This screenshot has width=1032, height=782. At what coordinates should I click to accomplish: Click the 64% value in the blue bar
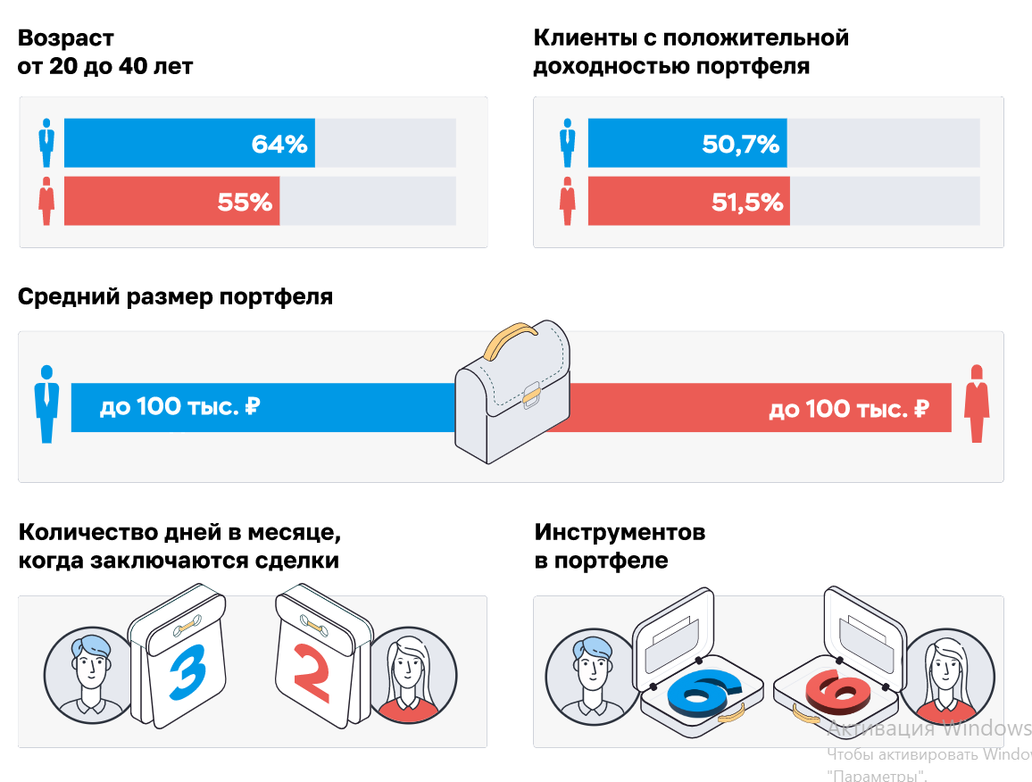tap(279, 144)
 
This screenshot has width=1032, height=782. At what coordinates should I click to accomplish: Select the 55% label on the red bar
tap(245, 203)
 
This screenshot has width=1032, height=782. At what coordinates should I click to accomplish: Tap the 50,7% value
tap(740, 144)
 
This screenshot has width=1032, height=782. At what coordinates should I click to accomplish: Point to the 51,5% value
tap(747, 203)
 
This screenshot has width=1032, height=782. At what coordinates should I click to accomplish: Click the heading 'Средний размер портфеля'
tap(175, 296)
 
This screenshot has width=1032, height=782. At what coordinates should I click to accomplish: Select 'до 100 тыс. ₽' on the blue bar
tap(179, 408)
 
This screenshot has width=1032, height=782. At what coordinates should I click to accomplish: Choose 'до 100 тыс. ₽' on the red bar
tap(848, 410)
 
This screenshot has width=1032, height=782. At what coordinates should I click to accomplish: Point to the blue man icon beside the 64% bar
tap(46, 143)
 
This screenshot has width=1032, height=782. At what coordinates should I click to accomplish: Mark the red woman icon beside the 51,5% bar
tap(567, 202)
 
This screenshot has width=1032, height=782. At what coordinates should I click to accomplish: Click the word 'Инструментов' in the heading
tap(620, 533)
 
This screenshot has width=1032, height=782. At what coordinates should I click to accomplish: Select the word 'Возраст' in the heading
tap(66, 38)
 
